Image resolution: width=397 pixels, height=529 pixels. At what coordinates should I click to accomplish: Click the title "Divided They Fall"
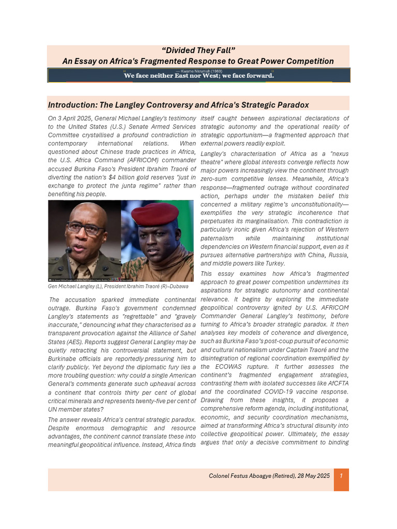[198, 50]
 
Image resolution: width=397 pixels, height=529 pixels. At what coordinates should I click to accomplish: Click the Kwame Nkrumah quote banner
[198, 75]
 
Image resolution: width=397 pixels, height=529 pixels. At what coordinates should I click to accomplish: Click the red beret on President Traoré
[155, 213]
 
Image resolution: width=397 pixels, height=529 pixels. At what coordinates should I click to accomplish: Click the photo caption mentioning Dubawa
[118, 286]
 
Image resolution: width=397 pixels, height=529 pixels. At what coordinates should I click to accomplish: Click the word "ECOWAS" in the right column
[226, 366]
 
